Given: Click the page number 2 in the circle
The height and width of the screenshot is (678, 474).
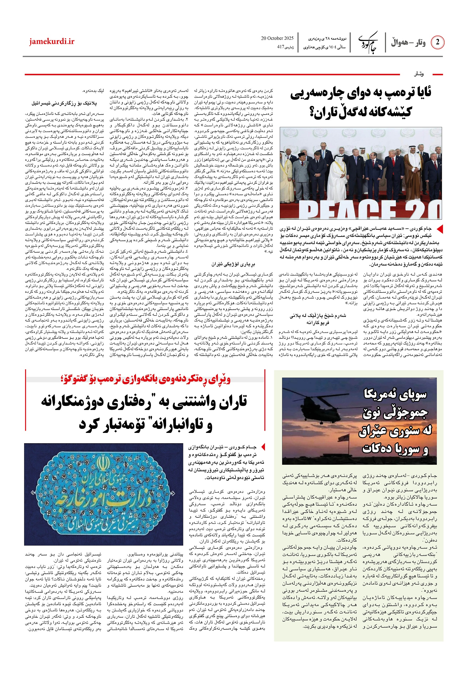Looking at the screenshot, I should click(x=437, y=42).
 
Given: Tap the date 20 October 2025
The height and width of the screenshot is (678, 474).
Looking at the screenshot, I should click(x=277, y=38).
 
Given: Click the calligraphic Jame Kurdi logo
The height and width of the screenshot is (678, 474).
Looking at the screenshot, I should click(x=368, y=43).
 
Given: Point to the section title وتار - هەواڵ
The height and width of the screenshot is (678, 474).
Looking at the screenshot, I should click(x=408, y=43).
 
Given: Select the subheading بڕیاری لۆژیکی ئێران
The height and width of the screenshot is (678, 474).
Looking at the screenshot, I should click(x=233, y=264).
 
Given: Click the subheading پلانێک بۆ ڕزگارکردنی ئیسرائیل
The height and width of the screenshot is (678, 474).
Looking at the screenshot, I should click(x=64, y=103).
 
